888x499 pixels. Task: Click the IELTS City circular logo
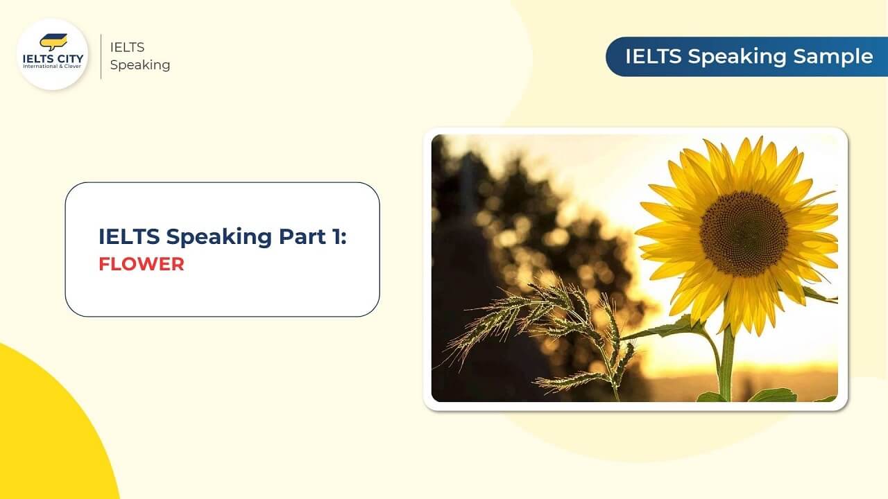52,55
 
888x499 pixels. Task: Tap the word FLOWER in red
141,264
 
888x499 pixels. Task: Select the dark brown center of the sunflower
743,233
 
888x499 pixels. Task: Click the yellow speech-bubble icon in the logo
53,42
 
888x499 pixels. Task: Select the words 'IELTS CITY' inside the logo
52,58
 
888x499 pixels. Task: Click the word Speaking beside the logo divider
139,65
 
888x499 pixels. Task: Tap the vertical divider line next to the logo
101,55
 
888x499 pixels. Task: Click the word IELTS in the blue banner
654,56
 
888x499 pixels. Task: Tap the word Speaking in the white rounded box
220,236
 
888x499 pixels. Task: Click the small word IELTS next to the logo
127,46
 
